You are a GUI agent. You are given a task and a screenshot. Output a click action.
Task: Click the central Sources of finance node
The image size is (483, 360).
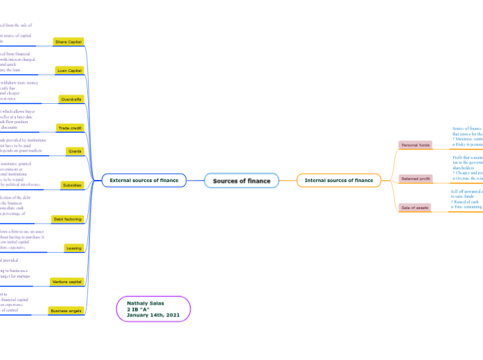click(241, 181)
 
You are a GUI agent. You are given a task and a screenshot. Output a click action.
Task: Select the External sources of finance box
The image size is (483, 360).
click(144, 181)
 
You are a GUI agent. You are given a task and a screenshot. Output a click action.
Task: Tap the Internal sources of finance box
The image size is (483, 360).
click(339, 181)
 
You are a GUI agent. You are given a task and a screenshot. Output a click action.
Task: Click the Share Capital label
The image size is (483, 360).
click(69, 42)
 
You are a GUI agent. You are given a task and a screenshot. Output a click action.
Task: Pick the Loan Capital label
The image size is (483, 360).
click(69, 70)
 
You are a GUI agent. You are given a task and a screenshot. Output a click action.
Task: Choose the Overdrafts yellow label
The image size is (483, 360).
click(71, 99)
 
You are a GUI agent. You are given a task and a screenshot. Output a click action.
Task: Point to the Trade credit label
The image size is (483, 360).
click(70, 128)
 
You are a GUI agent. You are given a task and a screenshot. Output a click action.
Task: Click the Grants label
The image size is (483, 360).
click(75, 150)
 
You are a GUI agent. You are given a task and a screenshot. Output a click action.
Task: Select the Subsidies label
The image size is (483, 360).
click(71, 185)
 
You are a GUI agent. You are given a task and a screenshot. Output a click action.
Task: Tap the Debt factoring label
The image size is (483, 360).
click(68, 219)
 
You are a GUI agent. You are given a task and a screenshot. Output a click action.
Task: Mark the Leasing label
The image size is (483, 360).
click(73, 247)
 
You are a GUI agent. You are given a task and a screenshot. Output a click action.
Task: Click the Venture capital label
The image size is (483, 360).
click(67, 282)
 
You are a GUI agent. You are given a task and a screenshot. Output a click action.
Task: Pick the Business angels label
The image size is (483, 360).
click(67, 311)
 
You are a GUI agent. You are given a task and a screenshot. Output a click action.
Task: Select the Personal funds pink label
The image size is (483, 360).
click(415, 145)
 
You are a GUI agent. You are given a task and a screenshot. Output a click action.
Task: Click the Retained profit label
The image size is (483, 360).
click(416, 178)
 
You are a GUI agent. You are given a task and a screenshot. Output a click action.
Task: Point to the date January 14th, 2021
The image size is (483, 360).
click(153, 315)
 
